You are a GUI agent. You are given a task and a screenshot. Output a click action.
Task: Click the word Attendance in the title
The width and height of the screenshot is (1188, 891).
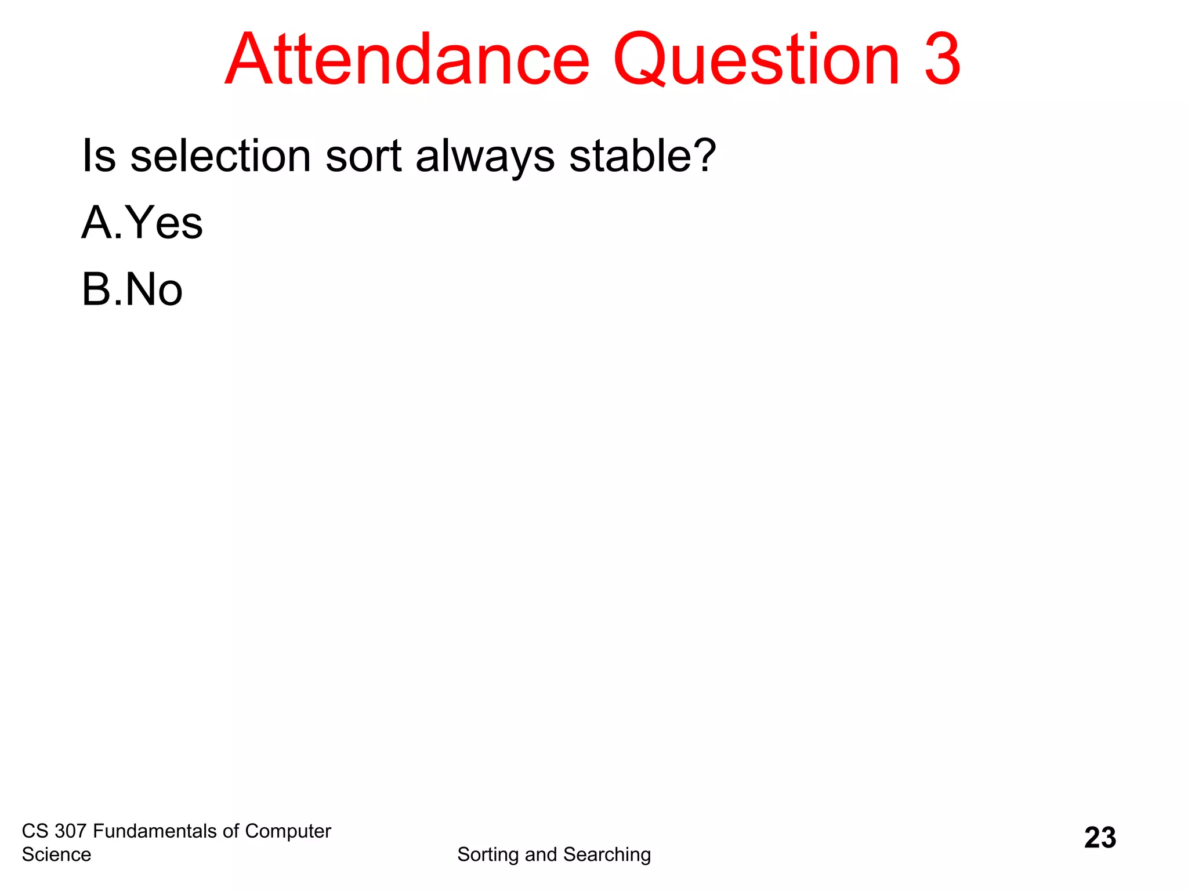pos(407,60)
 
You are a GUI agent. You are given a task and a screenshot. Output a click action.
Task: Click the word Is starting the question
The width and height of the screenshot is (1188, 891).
pos(99,155)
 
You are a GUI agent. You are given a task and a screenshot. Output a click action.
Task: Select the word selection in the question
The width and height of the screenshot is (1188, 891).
pos(220,155)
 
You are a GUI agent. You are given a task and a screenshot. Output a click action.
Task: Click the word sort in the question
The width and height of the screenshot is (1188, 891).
pos(363,155)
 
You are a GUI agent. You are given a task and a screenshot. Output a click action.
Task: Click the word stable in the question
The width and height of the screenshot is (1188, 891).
pos(629,155)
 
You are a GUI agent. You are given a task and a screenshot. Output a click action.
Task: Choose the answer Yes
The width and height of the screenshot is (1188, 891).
pos(164,223)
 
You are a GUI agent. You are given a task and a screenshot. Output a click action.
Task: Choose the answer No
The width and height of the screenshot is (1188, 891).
pos(154,289)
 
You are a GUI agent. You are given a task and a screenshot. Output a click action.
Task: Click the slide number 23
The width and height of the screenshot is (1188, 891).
pos(1100,838)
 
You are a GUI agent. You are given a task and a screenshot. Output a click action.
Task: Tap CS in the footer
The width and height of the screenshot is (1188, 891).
pos(35,831)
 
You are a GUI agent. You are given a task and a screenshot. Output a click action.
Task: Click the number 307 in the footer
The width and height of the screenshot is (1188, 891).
pos(70,831)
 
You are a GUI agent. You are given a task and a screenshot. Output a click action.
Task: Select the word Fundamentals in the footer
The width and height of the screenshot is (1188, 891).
pos(155,831)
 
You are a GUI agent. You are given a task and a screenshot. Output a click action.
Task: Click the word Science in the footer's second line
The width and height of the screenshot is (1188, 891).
pos(56,854)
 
